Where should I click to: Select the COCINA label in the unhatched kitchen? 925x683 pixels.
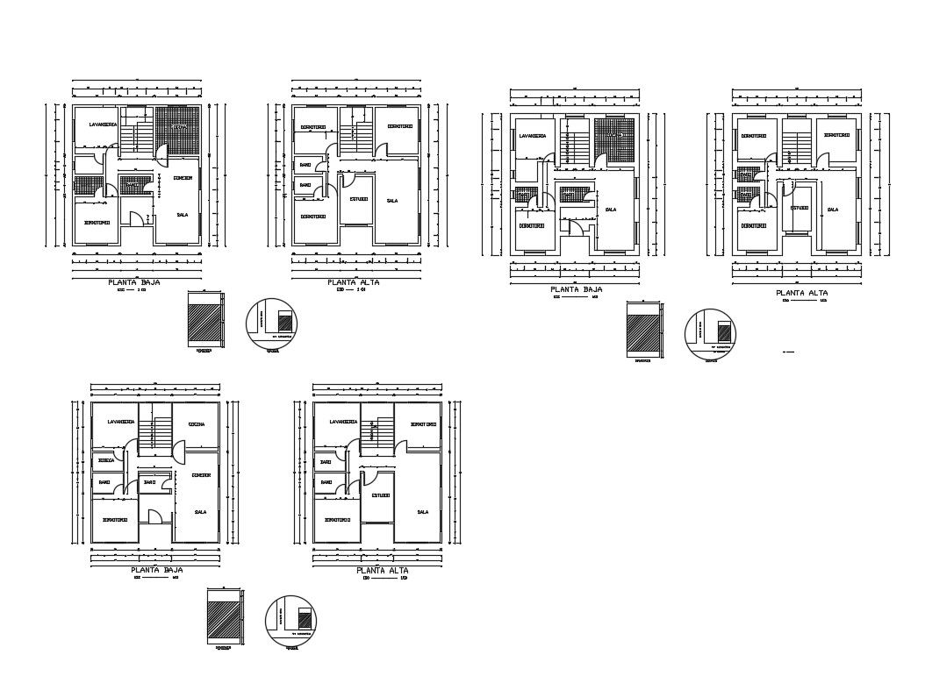[197, 424]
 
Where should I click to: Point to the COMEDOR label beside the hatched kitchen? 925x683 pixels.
[183, 178]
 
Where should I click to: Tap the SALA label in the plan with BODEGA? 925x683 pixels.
[200, 512]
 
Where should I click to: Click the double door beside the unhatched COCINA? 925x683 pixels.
[177, 453]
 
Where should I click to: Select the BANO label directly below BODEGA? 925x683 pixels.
[104, 482]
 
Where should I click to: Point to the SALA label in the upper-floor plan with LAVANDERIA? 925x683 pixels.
[422, 512]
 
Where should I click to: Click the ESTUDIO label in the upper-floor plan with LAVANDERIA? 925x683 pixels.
[380, 495]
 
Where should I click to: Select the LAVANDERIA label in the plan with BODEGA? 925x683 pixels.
[120, 422]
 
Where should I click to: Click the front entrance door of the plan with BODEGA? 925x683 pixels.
[154, 518]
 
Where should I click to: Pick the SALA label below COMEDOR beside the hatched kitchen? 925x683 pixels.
[183, 214]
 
